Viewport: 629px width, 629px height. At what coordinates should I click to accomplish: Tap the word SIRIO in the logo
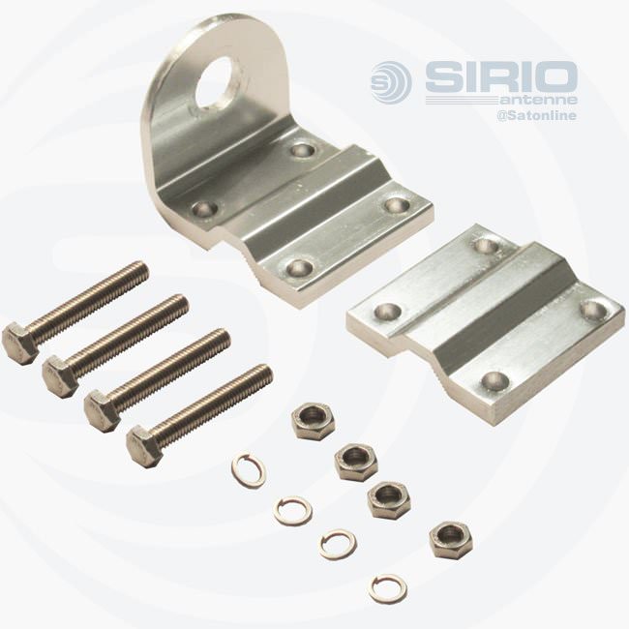[501, 77]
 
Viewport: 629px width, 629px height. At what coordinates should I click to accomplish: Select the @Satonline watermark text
[537, 115]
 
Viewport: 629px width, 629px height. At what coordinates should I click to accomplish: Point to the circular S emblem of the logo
[391, 82]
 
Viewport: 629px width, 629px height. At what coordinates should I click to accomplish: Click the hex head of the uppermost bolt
[21, 344]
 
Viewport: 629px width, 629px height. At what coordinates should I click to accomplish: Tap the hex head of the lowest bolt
[144, 447]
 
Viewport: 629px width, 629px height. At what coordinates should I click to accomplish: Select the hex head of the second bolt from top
[61, 377]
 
